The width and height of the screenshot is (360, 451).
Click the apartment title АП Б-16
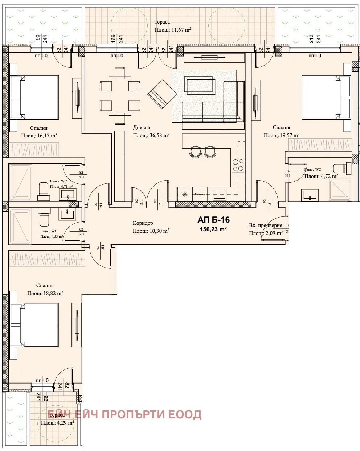pos(213,220)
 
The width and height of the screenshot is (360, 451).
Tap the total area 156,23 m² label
pos(213,229)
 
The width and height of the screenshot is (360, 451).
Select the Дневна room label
pos(142,128)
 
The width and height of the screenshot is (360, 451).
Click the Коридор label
pos(143,223)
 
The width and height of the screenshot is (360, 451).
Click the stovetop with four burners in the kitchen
pos(238,165)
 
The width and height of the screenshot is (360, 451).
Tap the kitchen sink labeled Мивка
pos(199,194)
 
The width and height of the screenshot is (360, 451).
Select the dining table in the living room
pos(120,96)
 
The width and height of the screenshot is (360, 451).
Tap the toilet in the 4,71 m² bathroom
pos(44,191)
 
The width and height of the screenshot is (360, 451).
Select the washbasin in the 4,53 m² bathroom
pos(67,214)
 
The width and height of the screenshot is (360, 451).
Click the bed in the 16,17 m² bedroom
pos(34,97)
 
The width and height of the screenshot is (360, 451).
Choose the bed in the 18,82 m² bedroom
pos(34,325)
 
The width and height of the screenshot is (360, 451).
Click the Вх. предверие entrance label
pos(265,225)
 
